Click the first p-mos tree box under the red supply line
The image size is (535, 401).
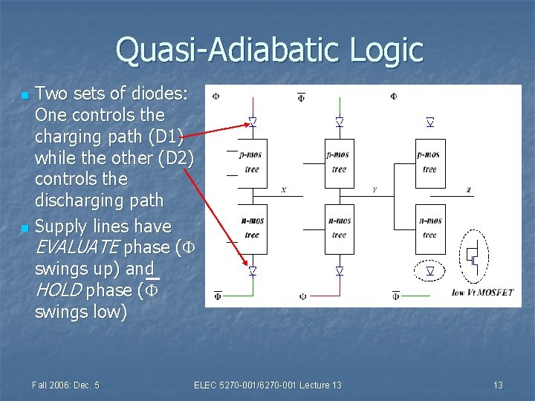[x=252, y=162]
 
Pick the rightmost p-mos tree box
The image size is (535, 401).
[x=430, y=162]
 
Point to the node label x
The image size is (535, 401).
[x=283, y=190]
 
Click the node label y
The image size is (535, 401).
[x=374, y=190]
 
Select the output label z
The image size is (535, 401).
[x=469, y=190]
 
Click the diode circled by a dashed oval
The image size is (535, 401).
[x=429, y=272]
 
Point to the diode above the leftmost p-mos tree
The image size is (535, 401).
[x=253, y=122]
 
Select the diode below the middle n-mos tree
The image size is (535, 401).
[x=340, y=272]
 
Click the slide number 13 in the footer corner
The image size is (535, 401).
[x=498, y=385]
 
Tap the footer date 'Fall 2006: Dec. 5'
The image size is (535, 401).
[x=66, y=385]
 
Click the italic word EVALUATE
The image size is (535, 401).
[x=77, y=247]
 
